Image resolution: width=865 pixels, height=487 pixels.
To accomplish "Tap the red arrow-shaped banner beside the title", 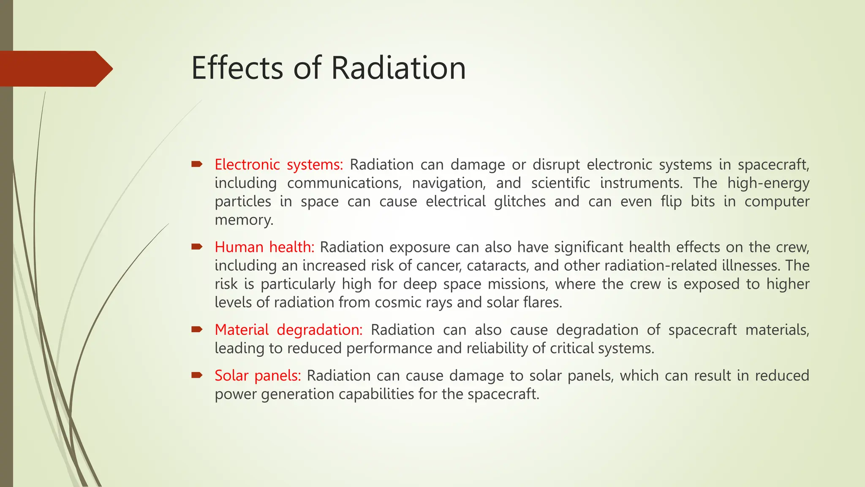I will click(55, 69).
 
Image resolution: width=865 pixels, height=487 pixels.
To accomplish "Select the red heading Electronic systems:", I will click(279, 164).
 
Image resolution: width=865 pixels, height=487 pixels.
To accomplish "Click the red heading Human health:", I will click(264, 247).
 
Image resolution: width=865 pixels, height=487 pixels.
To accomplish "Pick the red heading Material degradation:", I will click(288, 330).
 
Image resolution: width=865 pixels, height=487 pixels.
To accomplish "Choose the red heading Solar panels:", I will click(258, 375).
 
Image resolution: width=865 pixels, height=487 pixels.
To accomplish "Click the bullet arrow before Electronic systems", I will click(197, 164).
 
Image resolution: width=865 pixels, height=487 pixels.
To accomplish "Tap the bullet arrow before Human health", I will click(197, 246).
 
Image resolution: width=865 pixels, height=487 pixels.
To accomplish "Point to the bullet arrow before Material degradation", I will click(197, 329).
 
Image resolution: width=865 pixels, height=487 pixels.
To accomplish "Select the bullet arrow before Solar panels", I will click(197, 375).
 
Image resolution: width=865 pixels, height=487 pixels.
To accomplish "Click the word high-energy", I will click(768, 183).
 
